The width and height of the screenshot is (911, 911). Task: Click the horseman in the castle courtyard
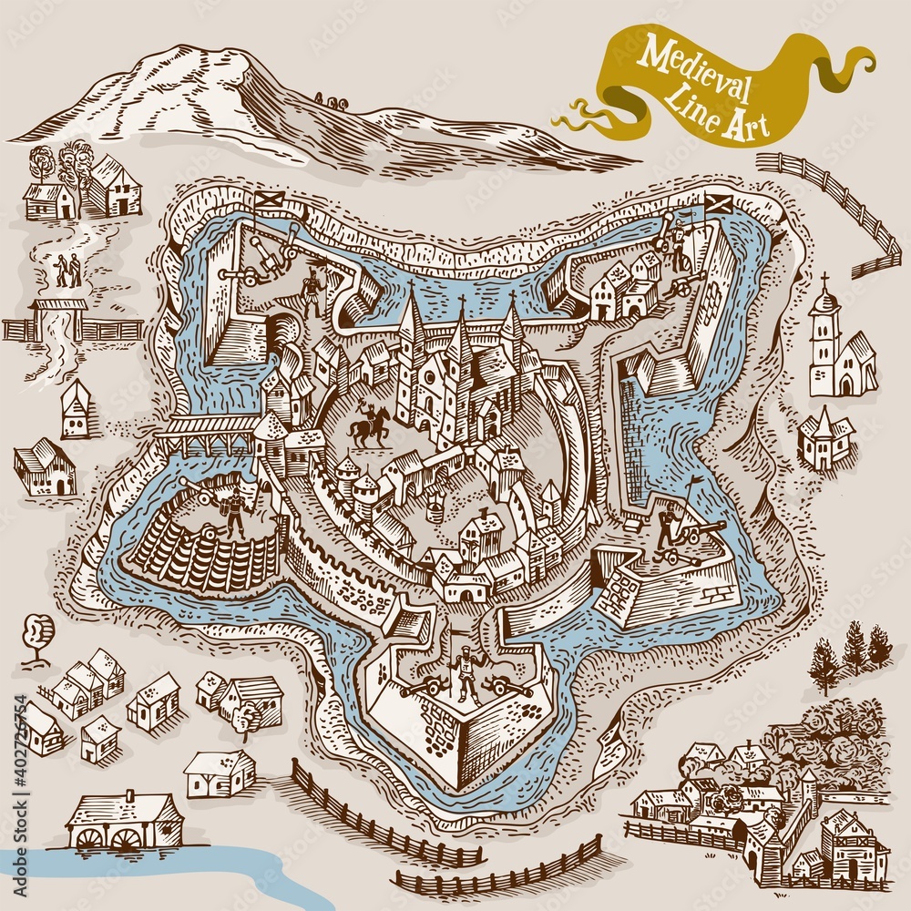370,425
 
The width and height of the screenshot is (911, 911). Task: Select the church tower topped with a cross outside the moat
824,337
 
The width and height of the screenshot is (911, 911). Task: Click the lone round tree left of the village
37,633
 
